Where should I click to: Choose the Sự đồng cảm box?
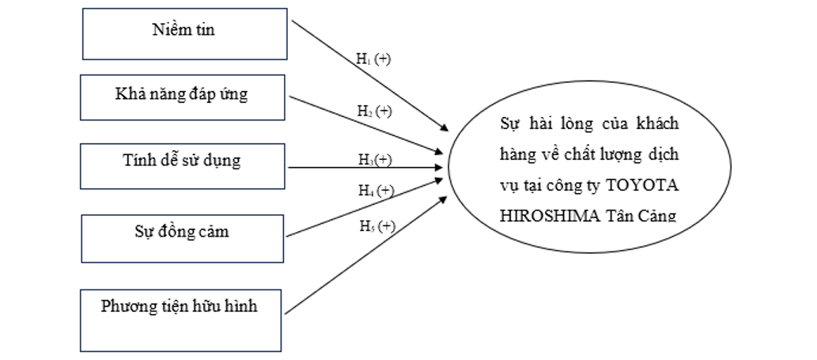(x=183, y=235)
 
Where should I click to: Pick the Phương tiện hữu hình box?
(x=183, y=319)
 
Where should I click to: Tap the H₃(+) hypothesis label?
(x=375, y=160)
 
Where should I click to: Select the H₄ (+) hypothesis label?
(x=375, y=191)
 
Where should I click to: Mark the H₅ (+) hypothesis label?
(x=375, y=227)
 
